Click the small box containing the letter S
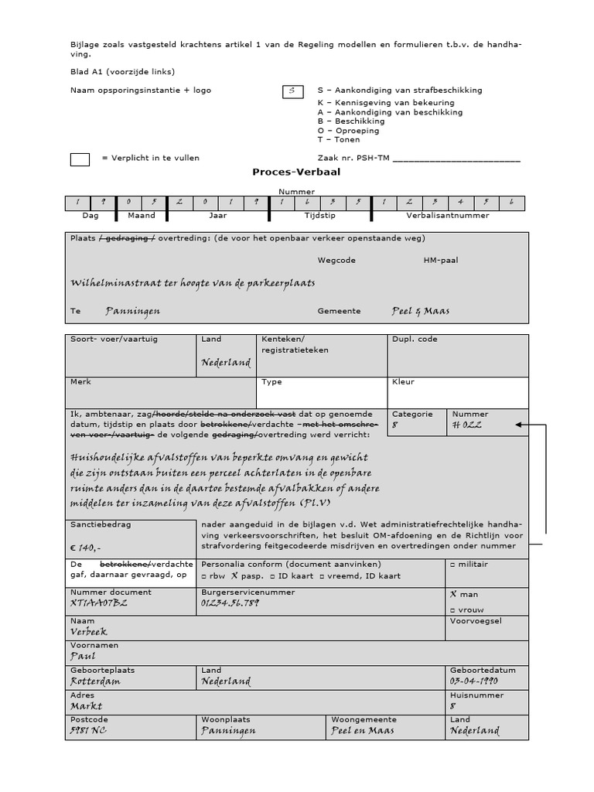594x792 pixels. (292, 91)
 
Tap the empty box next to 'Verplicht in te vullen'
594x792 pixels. (80, 159)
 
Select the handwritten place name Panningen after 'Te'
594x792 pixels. (133, 311)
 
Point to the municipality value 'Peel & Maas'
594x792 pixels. (421, 311)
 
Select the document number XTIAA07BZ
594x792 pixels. (100, 603)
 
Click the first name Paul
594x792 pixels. (83, 656)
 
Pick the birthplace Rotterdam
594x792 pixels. (95, 681)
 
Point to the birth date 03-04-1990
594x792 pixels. (473, 681)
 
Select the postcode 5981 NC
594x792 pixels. (88, 730)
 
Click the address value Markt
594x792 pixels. (86, 705)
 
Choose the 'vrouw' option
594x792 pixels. (468, 609)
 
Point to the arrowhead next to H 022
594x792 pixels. (520, 425)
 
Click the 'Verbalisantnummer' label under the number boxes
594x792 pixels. (447, 216)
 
